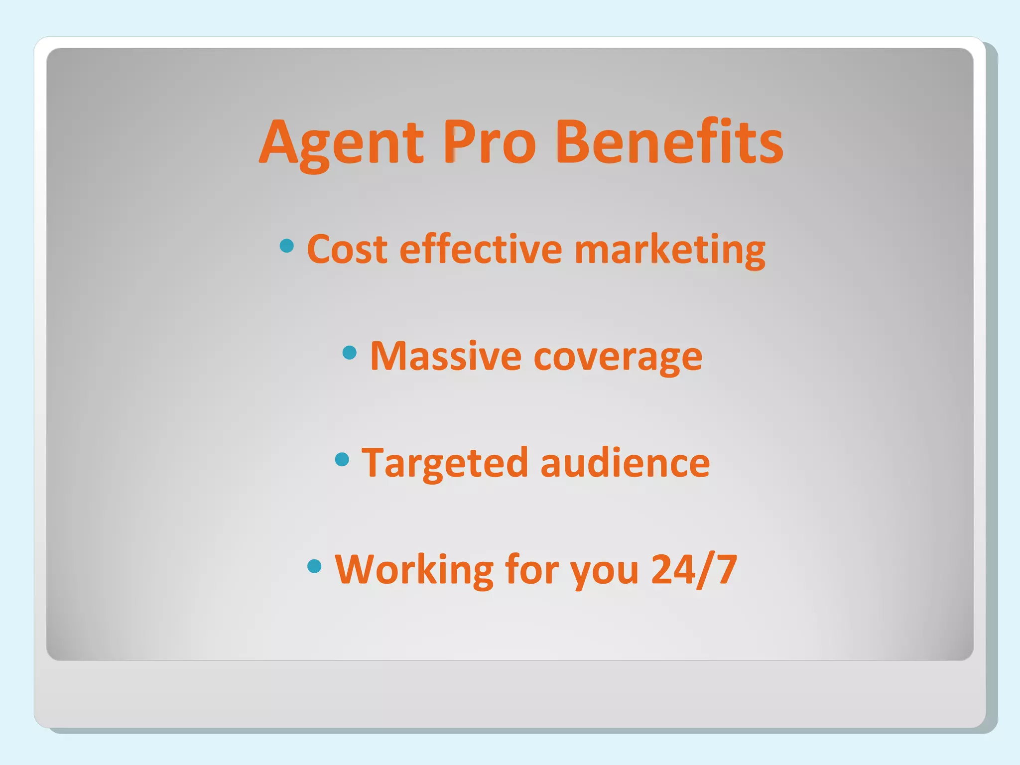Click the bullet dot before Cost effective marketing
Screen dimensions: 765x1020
[286, 246]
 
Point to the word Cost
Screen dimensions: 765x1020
[347, 249]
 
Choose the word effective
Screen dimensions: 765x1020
[481, 249]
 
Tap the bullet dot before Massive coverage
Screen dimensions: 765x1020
[350, 353]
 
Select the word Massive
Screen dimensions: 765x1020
[446, 356]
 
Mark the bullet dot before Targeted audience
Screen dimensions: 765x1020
[342, 459]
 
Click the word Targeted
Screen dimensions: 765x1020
[444, 463]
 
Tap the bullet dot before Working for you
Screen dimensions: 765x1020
[314, 566]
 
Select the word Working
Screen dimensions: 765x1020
[414, 570]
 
